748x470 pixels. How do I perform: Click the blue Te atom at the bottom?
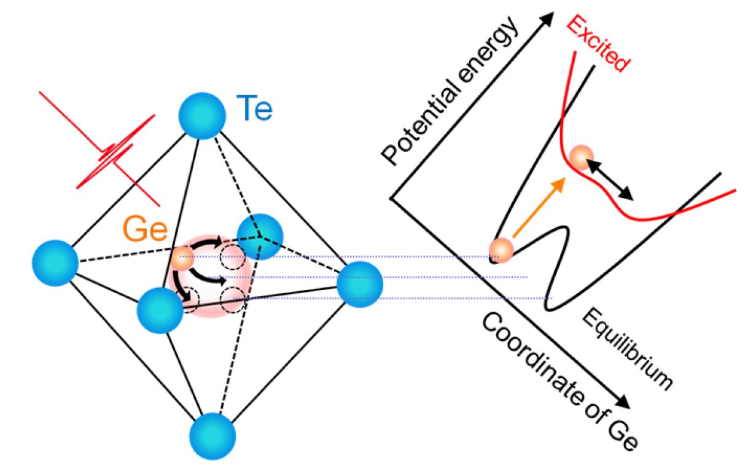tap(212, 436)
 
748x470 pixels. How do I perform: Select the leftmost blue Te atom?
tap(55, 263)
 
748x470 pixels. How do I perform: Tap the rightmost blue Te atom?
tap(360, 283)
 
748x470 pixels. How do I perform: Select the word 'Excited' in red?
tap(598, 44)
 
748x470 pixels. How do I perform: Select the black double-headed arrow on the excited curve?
tap(608, 178)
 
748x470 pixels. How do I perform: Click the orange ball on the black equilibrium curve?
tap(501, 249)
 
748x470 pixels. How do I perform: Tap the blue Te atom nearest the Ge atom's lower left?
tap(160, 310)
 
